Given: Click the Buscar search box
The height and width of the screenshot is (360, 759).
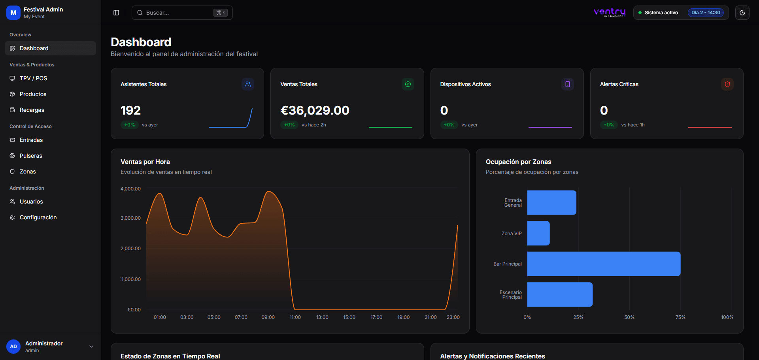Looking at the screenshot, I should (178, 13).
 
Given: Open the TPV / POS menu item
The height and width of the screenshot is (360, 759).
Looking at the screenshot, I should (33, 78).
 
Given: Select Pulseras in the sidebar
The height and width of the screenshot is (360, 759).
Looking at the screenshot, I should (31, 156).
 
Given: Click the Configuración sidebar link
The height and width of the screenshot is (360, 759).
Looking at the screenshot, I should (38, 217).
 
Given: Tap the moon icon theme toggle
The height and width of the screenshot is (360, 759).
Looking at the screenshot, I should (742, 13).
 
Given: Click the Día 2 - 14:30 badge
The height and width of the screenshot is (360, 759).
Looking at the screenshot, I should (706, 13).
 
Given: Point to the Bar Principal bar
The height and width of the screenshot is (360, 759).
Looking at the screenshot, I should (604, 264).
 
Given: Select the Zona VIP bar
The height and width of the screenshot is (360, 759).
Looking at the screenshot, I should (538, 233).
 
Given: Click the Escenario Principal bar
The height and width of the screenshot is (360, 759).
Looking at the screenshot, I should (560, 294).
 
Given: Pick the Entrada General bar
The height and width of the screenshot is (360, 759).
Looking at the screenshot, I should (551, 203).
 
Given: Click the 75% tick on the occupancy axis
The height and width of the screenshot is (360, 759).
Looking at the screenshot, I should (680, 317).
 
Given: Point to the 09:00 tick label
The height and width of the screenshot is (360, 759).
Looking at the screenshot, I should (268, 317).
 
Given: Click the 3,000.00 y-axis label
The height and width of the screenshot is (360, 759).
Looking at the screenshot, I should (130, 218).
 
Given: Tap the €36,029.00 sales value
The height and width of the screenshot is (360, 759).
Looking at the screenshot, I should (315, 110).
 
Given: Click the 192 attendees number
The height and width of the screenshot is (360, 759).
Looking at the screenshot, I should (130, 110).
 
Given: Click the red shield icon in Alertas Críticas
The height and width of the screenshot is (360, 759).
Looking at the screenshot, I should (727, 84).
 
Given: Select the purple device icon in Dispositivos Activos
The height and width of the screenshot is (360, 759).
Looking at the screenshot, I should (567, 84).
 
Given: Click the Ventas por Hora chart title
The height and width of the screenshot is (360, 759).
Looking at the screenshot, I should (145, 162).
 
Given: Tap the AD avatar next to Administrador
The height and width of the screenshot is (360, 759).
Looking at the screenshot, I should (13, 347).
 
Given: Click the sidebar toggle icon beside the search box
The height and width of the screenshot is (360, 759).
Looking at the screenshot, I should (116, 13).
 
